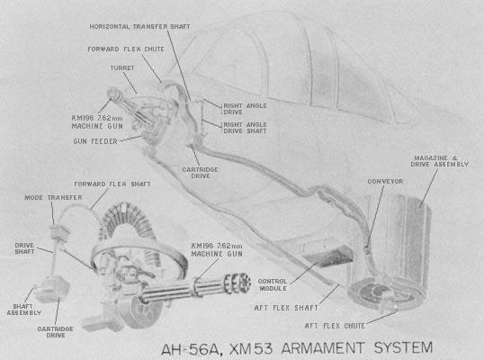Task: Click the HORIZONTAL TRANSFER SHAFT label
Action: click(139, 27)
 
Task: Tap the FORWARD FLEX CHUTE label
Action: click(126, 49)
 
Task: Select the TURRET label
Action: click(122, 67)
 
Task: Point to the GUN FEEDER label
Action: click(95, 141)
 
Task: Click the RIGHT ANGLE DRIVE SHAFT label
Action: click(245, 128)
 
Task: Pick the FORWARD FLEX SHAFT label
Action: click(112, 184)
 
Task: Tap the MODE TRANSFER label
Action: click(53, 198)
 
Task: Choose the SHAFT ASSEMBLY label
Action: click(24, 310)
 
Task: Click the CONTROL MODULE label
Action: click(273, 285)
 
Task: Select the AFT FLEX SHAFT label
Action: click(286, 308)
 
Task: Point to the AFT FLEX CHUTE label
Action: click(335, 326)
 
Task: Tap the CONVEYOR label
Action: click(385, 182)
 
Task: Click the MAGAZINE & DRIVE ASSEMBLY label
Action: click(440, 161)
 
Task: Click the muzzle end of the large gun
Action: click(243, 282)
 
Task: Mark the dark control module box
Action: click(328, 256)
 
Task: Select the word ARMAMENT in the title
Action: click(323, 348)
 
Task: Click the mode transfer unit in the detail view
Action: click(58, 232)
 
